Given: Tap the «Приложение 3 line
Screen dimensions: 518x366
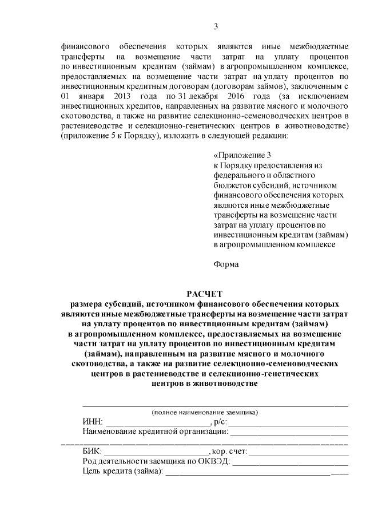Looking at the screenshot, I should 241,156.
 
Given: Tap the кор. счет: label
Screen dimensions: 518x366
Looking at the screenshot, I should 226,452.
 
